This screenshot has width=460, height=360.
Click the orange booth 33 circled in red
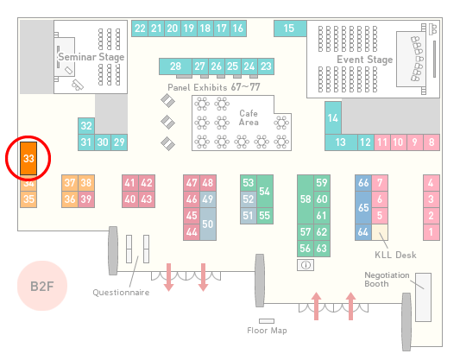(x=28, y=159)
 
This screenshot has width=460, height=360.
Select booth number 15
(x=290, y=28)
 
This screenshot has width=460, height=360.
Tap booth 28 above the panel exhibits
(x=175, y=66)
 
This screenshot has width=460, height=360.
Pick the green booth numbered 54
(x=265, y=192)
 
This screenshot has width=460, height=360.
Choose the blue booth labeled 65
(x=363, y=208)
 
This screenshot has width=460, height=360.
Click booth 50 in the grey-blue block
(x=208, y=224)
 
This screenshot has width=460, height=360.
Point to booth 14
(x=333, y=118)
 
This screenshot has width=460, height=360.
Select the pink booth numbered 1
(x=432, y=232)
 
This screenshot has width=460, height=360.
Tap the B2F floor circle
(x=42, y=286)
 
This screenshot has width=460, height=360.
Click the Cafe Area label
(x=249, y=117)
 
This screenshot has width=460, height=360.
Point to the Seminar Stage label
(x=91, y=57)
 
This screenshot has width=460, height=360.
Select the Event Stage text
(x=365, y=60)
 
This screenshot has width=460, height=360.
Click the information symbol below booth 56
(x=306, y=265)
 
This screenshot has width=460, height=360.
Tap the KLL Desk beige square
(x=380, y=232)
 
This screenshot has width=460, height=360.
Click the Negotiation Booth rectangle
(x=424, y=297)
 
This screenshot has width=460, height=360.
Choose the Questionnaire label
(x=121, y=293)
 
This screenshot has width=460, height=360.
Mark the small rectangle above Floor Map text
(x=267, y=321)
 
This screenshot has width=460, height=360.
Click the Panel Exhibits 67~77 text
(x=214, y=87)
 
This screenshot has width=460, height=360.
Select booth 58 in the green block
(x=306, y=199)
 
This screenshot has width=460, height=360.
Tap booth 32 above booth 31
(x=86, y=126)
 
